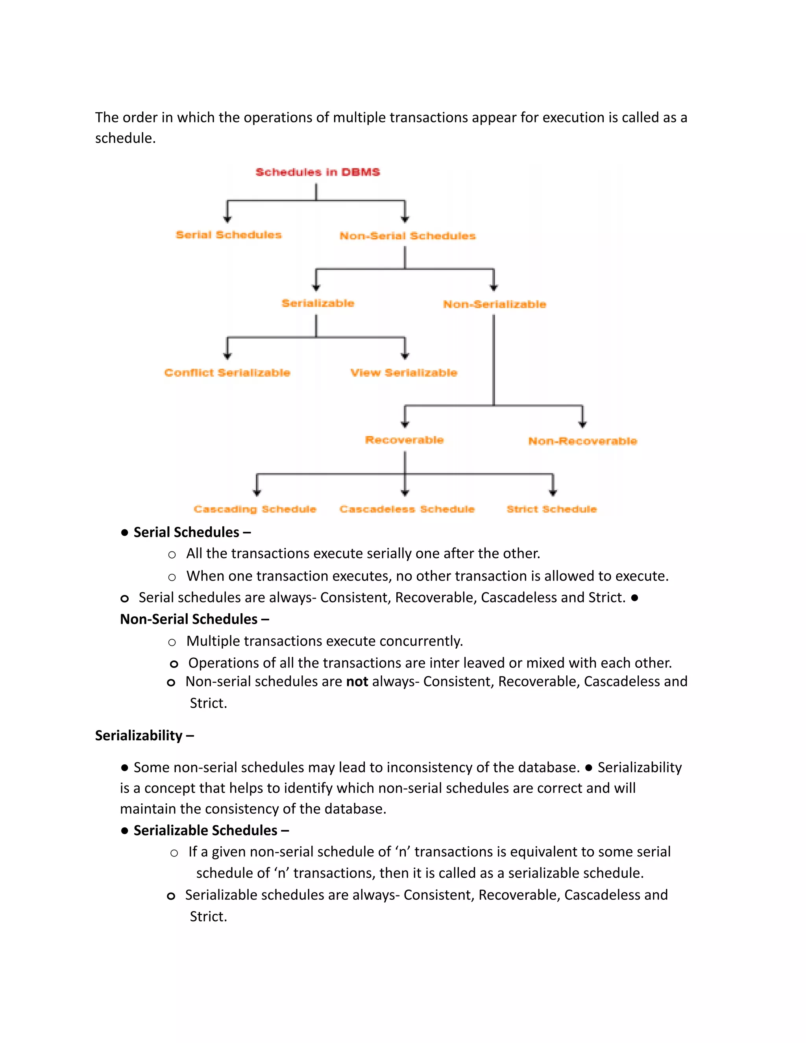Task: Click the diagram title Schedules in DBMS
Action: (x=318, y=172)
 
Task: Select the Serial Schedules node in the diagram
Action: (x=229, y=235)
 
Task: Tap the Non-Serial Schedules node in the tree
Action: (x=407, y=235)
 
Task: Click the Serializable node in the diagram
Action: (x=318, y=303)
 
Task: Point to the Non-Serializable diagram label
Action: (x=494, y=304)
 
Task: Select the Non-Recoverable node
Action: (x=582, y=441)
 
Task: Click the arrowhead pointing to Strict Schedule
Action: (x=553, y=492)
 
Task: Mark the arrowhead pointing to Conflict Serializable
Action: (x=227, y=356)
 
